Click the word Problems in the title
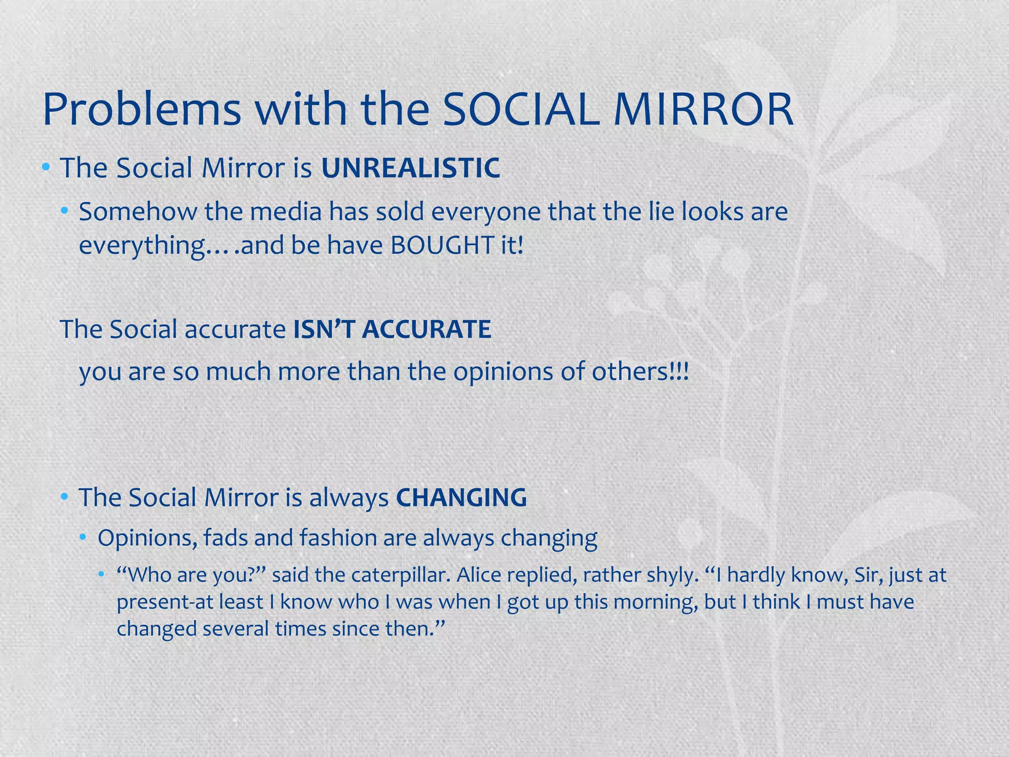pyautogui.click(x=142, y=109)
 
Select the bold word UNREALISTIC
pyautogui.click(x=410, y=168)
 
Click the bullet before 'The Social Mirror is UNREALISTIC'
pyautogui.click(x=46, y=168)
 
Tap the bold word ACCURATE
pyautogui.click(x=426, y=329)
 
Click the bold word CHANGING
pyautogui.click(x=461, y=497)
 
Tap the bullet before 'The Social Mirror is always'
pyautogui.click(x=64, y=497)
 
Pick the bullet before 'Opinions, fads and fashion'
pyautogui.click(x=83, y=537)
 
